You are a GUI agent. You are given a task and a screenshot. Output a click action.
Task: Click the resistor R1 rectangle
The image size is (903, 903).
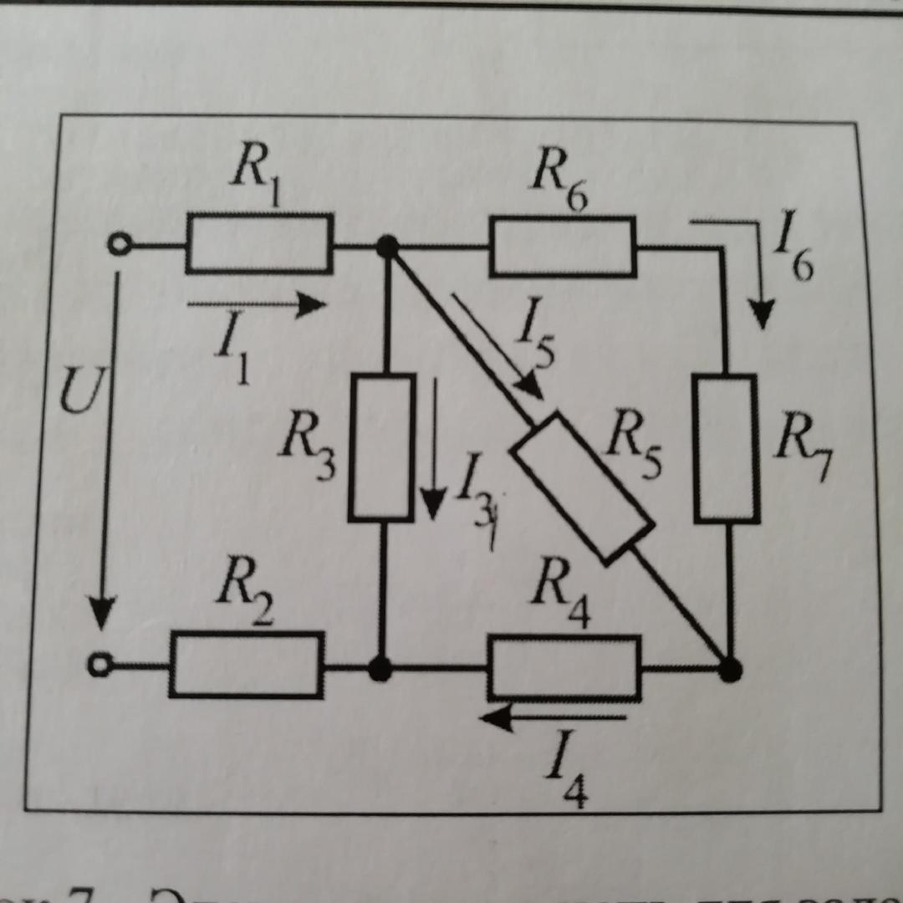pos(259,243)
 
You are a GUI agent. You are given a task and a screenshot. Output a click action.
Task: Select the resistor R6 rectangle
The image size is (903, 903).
pos(562,247)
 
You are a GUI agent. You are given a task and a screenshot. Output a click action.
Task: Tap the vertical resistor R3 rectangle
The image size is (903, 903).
pos(382,447)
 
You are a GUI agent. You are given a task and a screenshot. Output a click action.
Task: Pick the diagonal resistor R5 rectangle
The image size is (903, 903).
pos(582,487)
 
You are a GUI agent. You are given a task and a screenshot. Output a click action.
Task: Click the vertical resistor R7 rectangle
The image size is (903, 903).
pos(726,448)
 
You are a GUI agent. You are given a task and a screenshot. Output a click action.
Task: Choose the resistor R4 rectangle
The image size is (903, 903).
pos(564,667)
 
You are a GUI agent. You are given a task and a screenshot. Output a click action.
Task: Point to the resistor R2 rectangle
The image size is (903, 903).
pos(247,665)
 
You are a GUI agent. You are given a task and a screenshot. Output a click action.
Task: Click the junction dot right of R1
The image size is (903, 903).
pos(386,247)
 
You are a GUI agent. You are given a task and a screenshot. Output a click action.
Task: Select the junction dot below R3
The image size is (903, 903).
pos(380,669)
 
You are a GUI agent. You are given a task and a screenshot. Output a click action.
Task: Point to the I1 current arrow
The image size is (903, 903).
pos(256,305)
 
